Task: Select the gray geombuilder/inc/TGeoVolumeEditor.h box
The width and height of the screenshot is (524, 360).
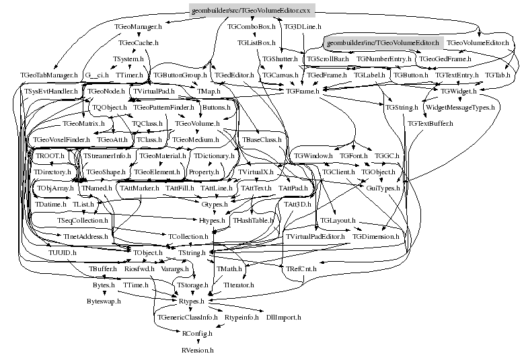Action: [381, 42]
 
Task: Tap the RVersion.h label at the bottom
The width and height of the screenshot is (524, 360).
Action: [197, 350]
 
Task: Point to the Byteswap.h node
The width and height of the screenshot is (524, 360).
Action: [104, 301]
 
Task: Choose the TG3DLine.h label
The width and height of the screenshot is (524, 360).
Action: [301, 27]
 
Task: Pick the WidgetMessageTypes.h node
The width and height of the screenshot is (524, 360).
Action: [460, 107]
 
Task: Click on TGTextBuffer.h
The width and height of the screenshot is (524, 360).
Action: [430, 124]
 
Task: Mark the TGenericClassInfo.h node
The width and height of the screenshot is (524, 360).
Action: [187, 316]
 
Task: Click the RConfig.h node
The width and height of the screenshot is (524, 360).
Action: [197, 333]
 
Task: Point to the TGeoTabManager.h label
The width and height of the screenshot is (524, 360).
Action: [49, 75]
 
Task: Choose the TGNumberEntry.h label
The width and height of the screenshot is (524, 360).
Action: [383, 59]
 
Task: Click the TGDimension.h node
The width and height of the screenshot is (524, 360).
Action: [375, 237]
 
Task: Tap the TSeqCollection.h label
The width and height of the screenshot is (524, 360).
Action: [82, 220]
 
